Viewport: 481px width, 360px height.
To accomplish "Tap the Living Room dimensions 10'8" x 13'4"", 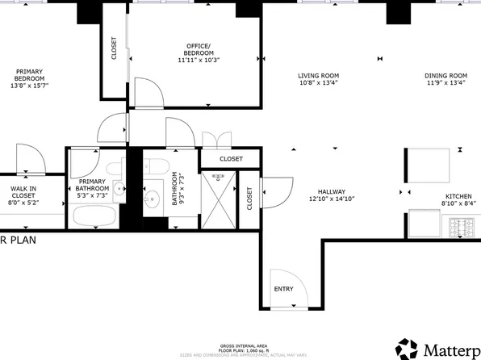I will click(318, 82).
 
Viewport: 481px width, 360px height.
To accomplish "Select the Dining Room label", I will click(446, 76).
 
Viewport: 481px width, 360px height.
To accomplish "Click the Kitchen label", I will click(458, 197).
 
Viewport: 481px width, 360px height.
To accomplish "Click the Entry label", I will click(284, 290).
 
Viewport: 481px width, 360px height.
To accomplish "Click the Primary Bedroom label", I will click(27, 82).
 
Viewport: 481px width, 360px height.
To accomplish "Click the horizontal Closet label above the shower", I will click(231, 159).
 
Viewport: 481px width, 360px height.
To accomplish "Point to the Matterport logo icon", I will click(408, 349).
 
